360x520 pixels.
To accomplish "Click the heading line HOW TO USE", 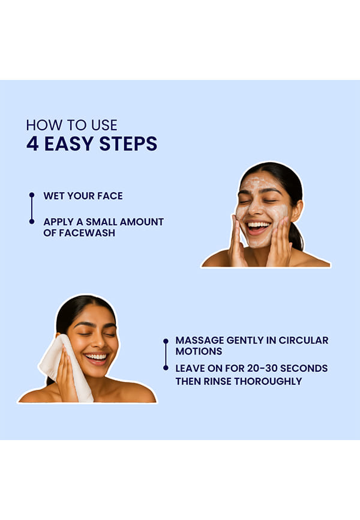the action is [x=71, y=125].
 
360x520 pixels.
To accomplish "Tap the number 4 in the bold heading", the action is [x=32, y=144].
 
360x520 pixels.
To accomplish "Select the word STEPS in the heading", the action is [x=128, y=144].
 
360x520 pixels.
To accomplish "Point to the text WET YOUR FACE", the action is [x=83, y=196].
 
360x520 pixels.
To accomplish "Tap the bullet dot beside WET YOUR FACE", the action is [x=32, y=195].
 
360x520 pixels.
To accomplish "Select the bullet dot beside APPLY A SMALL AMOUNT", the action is [x=32, y=222].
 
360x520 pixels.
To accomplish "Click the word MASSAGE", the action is [x=200, y=340].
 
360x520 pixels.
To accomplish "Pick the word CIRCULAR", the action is [x=304, y=340].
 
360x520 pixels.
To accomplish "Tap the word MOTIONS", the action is [x=199, y=351].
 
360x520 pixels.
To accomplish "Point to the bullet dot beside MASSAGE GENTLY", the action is [x=166, y=340].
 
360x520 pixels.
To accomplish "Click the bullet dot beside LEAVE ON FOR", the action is [x=166, y=367].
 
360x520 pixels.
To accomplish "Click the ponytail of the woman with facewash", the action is [x=296, y=235].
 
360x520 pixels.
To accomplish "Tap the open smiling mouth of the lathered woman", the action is [x=257, y=228].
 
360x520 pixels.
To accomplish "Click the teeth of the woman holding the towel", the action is [x=96, y=357].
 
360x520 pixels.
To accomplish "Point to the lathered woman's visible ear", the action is [x=296, y=211].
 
